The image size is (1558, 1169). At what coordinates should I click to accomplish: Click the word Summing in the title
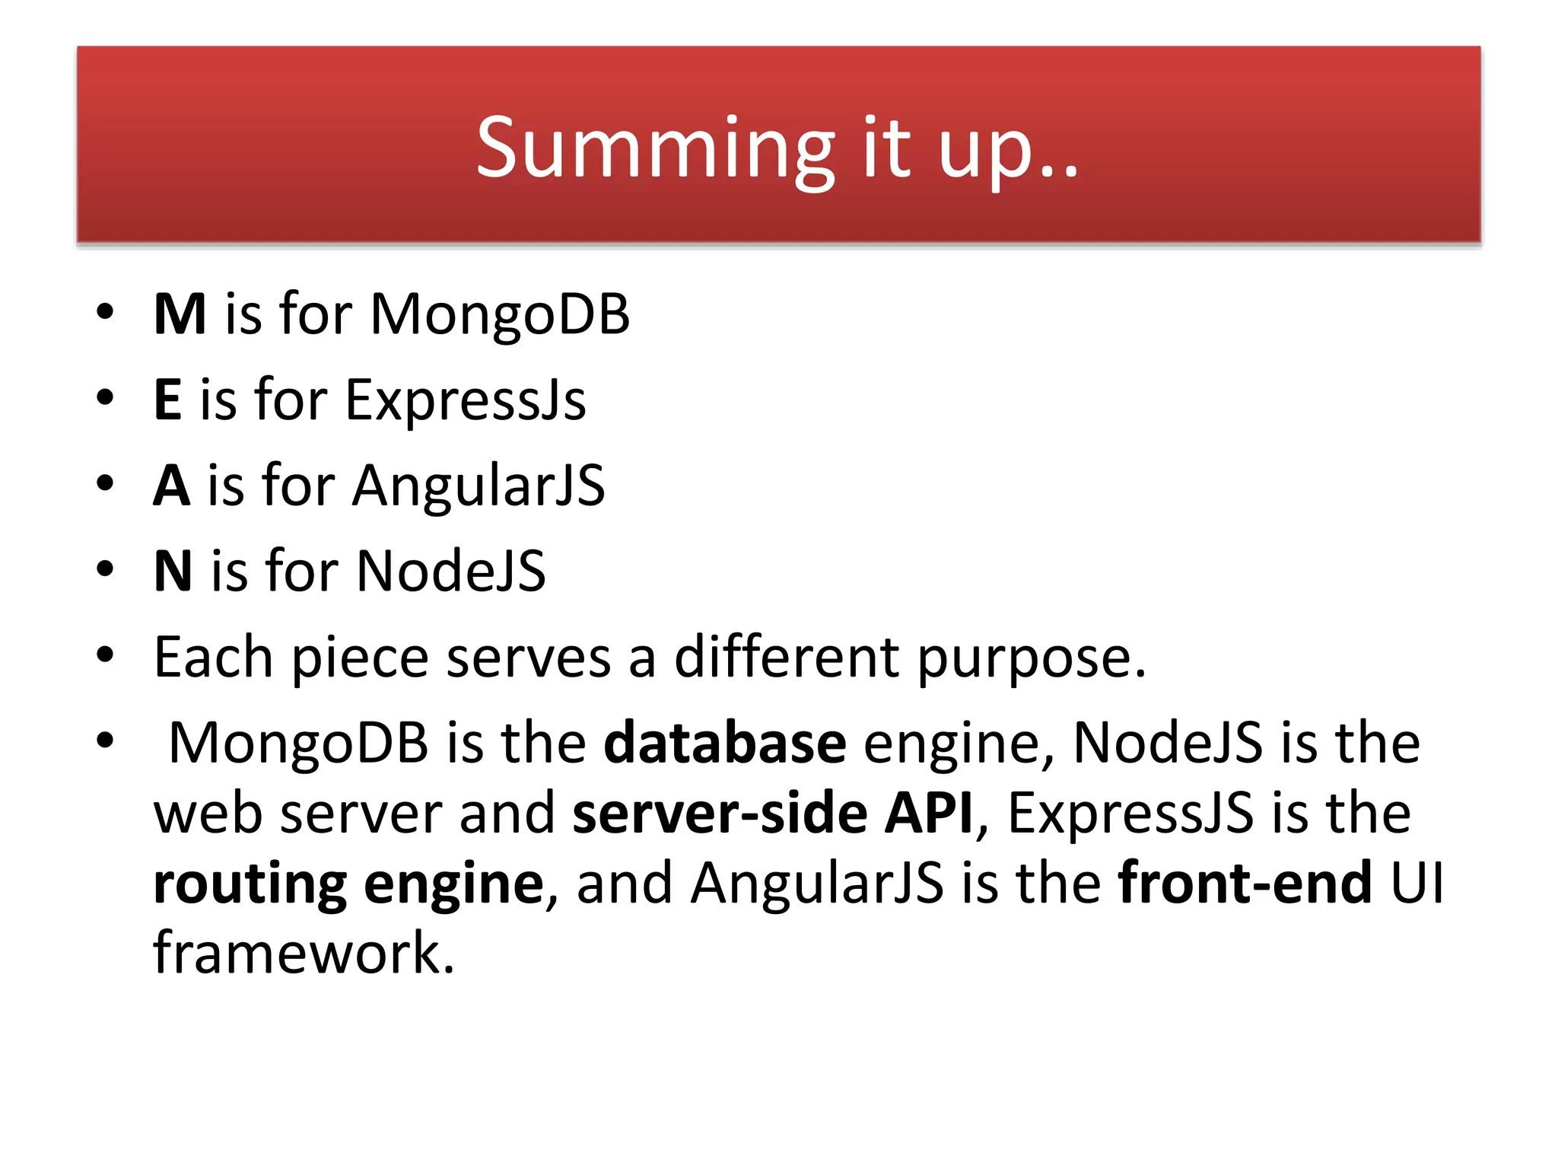656,148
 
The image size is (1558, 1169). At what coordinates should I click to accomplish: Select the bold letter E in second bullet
167,400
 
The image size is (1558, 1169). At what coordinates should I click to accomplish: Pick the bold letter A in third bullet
171,486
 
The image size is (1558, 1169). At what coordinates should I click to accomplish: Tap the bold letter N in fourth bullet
173,571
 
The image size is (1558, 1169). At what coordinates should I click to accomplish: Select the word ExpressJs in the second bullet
466,400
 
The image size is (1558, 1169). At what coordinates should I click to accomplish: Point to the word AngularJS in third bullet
479,486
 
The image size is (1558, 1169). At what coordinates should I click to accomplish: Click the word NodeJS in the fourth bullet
450,571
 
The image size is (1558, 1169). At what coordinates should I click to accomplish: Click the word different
787,658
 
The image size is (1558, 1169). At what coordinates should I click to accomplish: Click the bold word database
724,743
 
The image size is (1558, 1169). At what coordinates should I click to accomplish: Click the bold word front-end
1245,883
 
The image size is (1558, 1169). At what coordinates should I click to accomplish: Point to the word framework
304,953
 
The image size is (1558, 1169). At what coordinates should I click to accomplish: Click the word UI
1417,883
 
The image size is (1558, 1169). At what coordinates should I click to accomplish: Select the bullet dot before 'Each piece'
105,655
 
